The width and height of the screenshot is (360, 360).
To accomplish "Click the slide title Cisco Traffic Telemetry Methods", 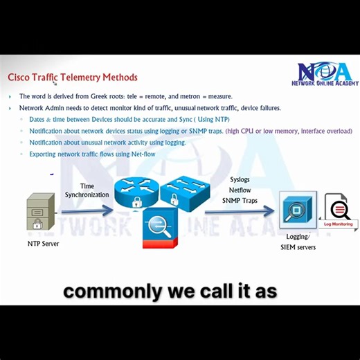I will (x=72, y=78).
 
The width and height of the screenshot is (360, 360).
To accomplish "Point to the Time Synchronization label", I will (x=87, y=190).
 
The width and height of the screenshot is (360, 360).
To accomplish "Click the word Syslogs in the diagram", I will (x=240, y=180).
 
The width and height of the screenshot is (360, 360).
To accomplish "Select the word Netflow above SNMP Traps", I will (x=240, y=190).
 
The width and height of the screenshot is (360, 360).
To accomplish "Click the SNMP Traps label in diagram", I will (x=240, y=200).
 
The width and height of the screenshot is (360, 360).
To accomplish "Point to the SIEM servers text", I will (x=298, y=247).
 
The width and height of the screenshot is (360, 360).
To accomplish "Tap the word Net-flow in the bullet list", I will (x=141, y=154).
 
